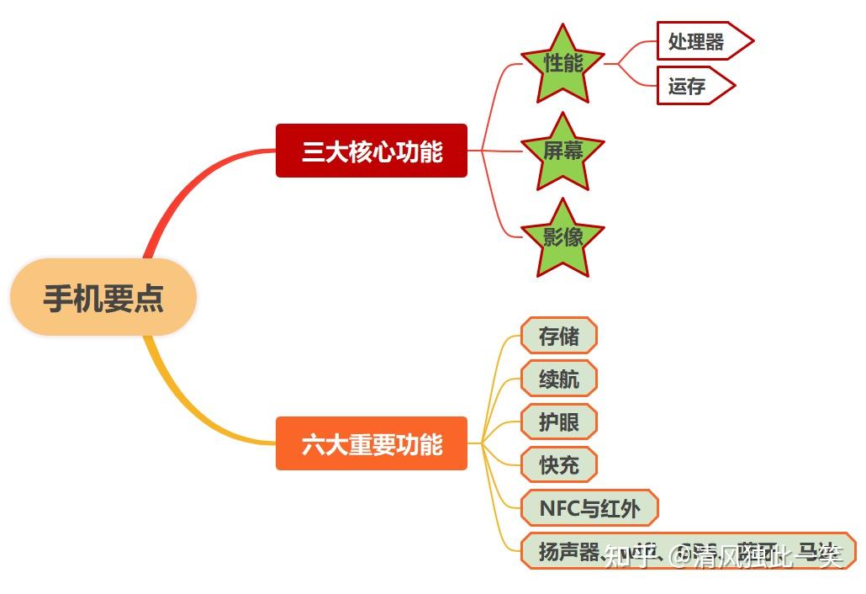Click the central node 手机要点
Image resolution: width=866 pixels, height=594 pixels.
[103, 298]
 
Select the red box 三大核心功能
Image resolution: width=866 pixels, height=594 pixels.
[371, 151]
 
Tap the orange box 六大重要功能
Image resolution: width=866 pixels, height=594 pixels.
[371, 443]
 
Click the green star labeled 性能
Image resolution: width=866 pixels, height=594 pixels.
[562, 64]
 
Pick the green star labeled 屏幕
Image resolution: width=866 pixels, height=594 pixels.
[562, 151]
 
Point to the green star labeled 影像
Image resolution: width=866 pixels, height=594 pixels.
[562, 237]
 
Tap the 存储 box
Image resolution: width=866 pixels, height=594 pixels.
[558, 336]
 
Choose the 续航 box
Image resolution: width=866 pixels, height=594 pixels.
[558, 379]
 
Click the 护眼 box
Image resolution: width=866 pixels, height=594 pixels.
[558, 422]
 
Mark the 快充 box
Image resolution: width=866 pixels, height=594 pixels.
[558, 464]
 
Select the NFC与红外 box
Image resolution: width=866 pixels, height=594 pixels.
[589, 507]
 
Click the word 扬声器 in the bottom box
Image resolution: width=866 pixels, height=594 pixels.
[568, 552]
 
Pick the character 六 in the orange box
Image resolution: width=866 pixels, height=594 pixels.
[313, 444]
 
